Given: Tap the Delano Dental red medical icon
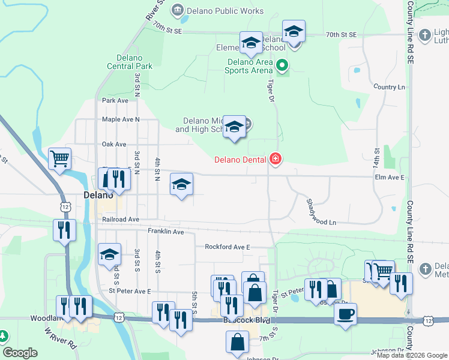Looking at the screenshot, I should coord(276,159).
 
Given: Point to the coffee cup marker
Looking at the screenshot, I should coord(345,314).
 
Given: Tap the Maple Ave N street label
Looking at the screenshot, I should coord(121,119).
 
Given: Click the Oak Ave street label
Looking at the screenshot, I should coord(114,145).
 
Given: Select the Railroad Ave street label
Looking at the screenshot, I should coord(121,220).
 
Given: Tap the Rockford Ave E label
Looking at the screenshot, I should coord(227,247).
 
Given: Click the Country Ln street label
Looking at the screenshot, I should coord(388,87).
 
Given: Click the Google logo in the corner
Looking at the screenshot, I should coord(20,353).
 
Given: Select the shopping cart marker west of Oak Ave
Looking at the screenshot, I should coord(59,159).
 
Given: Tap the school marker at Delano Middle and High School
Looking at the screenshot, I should coord(235,127).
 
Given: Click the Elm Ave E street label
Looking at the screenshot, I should coord(390,178).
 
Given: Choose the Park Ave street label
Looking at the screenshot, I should coord(115,101).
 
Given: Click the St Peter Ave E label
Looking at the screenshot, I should coord(130,291).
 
